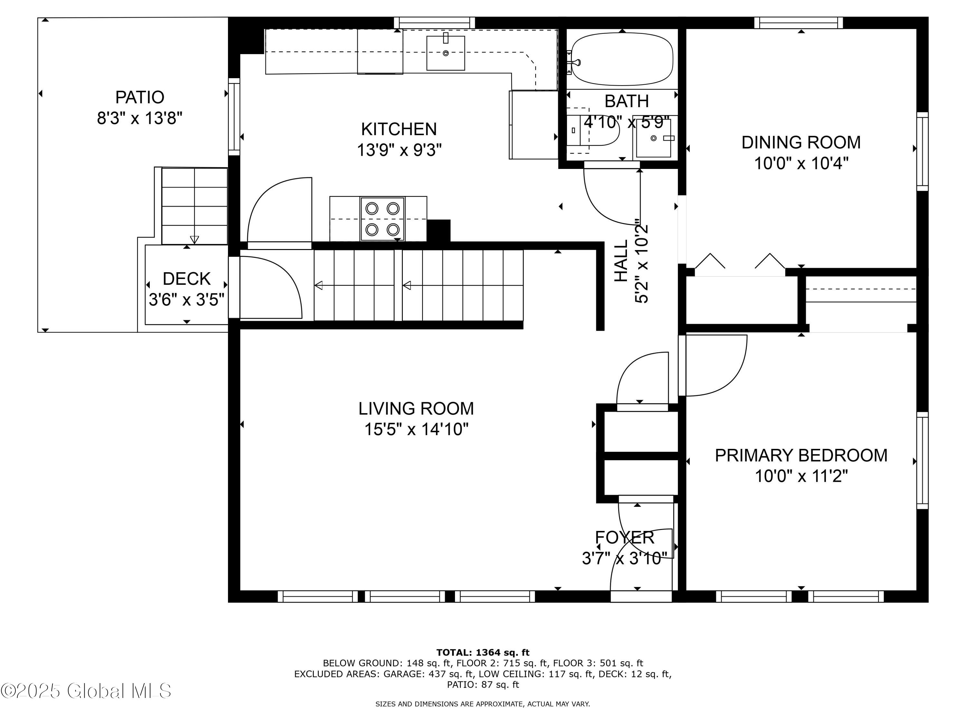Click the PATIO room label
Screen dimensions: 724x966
pyautogui.click(x=139, y=97)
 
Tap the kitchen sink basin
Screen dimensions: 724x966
pyautogui.click(x=445, y=53)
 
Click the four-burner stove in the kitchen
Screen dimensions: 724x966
pyautogui.click(x=382, y=218)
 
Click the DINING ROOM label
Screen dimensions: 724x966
pyautogui.click(x=800, y=142)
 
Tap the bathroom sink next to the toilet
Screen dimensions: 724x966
pyautogui.click(x=653, y=138)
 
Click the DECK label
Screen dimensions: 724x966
pyautogui.click(x=186, y=278)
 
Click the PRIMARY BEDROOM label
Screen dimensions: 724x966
pyautogui.click(x=800, y=455)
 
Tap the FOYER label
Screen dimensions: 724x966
pyautogui.click(x=624, y=538)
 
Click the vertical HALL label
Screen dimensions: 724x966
pyautogui.click(x=621, y=261)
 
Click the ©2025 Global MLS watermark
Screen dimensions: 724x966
pyautogui.click(x=86, y=691)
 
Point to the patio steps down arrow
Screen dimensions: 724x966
pyautogui.click(x=194, y=239)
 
